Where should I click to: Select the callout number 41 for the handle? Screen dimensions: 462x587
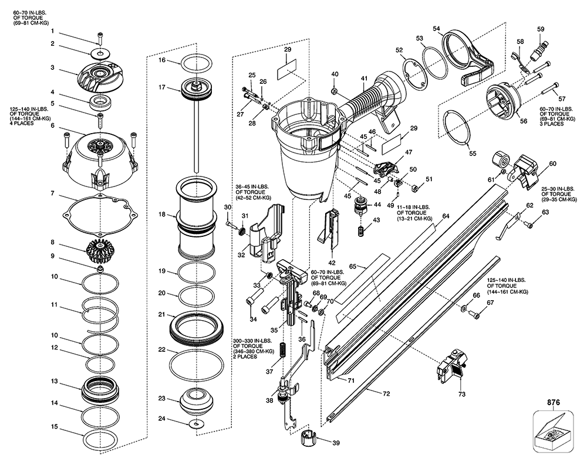(365, 78)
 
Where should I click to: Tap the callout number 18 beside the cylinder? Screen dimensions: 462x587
(163, 215)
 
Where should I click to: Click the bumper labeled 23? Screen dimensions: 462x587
(195, 401)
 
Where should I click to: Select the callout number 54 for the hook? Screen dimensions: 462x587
(436, 28)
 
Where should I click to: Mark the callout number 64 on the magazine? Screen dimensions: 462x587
(446, 216)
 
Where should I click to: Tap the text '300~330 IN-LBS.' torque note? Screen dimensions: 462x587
(251, 340)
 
